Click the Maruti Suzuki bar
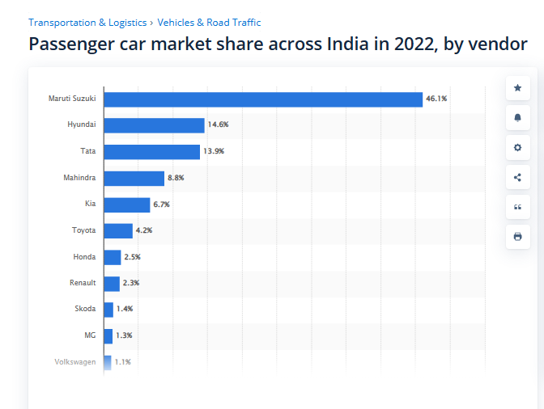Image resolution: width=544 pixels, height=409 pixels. point(263,99)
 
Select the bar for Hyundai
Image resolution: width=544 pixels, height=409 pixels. point(154,125)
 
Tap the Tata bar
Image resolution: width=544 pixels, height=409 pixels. point(151,152)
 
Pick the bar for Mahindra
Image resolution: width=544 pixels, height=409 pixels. point(134,178)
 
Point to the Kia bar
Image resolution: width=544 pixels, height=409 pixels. point(127,204)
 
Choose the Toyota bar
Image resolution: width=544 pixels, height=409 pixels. point(118,231)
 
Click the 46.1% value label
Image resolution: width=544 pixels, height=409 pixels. point(436,99)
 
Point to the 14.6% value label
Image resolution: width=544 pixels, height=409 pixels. point(218,125)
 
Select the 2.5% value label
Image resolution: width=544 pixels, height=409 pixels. point(133,257)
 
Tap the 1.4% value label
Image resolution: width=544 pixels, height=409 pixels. point(125,309)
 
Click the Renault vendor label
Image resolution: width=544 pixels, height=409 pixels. point(83,283)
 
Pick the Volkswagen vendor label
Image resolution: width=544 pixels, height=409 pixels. point(75,361)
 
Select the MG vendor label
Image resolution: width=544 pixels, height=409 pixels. point(90,335)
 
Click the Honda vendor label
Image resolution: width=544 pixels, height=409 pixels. point(84,257)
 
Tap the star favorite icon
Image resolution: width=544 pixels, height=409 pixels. point(518,88)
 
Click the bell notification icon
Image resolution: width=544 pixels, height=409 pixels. point(518,118)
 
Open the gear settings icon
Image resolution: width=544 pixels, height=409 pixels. point(518,148)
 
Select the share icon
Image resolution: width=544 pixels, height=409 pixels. point(518,178)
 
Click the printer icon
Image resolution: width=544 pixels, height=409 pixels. point(518,237)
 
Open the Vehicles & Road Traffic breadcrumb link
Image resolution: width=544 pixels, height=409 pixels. point(209,23)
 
